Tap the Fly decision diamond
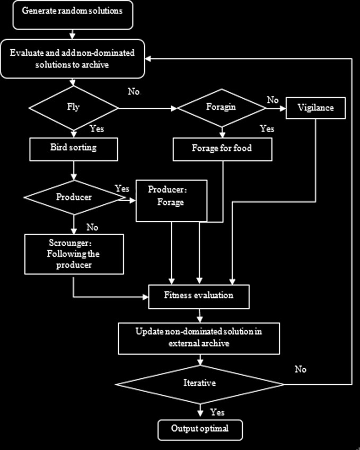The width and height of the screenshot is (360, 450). (74, 108)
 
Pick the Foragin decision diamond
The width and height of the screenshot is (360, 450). (222, 108)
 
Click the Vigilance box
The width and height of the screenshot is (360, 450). (317, 108)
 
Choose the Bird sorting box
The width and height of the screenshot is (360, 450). (74, 148)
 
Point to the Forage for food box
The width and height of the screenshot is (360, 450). (222, 149)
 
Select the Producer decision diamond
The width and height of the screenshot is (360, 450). (74, 197)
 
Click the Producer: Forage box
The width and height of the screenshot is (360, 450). (171, 200)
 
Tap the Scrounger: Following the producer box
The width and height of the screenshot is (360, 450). (74, 255)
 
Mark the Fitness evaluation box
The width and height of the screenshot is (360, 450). (199, 296)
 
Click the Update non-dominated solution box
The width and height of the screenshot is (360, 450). (199, 338)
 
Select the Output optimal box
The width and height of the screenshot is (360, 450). (200, 429)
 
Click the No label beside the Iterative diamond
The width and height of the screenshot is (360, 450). (301, 369)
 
